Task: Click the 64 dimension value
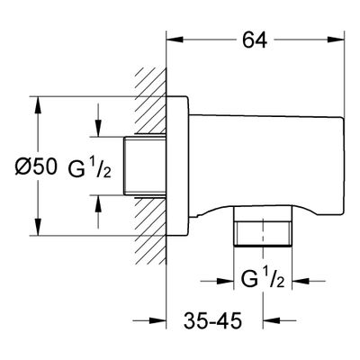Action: click(255, 40)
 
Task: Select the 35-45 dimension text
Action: click(212, 320)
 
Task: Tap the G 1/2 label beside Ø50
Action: click(90, 167)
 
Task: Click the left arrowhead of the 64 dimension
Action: click(175, 40)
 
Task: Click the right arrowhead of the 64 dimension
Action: click(336, 40)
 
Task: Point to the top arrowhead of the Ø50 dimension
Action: click(38, 104)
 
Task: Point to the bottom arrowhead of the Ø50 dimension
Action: click(38, 227)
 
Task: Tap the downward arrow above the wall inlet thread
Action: click(98, 120)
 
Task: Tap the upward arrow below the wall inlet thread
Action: click(98, 211)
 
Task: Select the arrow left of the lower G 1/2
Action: click(217, 281)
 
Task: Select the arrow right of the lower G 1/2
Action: click(309, 281)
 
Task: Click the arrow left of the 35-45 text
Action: click(149, 320)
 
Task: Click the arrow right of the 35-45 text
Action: click(280, 320)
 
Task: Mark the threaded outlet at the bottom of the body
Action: click(263, 227)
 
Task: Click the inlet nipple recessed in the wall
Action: click(145, 166)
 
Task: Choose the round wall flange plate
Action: click(177, 166)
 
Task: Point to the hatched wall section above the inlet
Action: click(151, 101)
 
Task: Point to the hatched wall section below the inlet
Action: click(151, 231)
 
